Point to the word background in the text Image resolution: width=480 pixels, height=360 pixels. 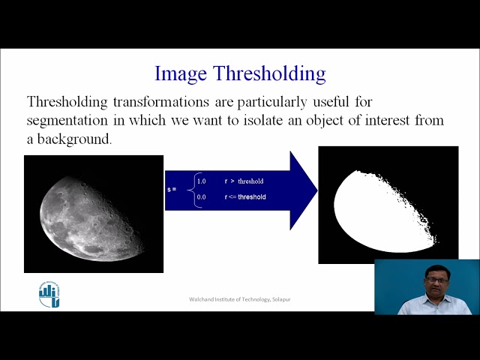73,139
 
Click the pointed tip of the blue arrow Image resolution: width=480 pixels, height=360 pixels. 316,190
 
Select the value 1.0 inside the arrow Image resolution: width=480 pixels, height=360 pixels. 201,181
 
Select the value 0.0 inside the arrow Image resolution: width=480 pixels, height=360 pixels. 201,196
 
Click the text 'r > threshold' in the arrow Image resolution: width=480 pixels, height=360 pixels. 244,181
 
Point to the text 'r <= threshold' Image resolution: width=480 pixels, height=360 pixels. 245,196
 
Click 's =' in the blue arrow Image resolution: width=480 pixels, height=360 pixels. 172,189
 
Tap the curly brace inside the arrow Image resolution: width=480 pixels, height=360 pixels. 190,189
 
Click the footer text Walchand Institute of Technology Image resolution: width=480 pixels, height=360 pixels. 239,300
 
